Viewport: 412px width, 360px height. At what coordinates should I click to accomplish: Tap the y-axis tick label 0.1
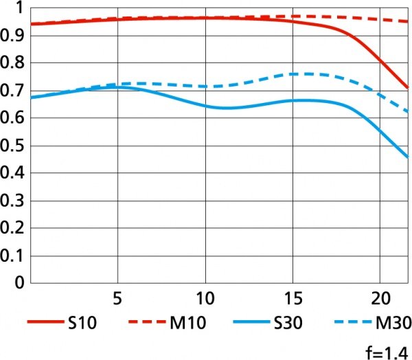click(x=13, y=256)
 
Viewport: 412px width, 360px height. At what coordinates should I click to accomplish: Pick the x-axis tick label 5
click(x=118, y=300)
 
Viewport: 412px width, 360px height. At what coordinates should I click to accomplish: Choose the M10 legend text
click(x=193, y=322)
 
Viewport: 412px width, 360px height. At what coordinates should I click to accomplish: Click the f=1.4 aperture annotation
click(x=388, y=351)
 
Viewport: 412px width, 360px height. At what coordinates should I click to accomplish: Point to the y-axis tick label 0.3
click(x=13, y=201)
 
